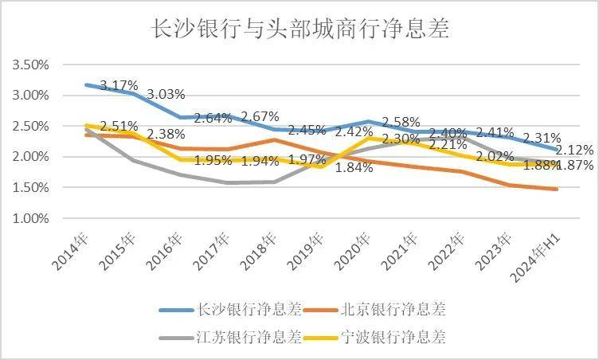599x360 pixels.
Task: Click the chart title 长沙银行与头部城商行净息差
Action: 300,30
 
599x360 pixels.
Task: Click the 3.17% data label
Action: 119,84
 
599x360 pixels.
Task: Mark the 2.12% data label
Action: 574,150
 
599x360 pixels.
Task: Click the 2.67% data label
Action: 260,116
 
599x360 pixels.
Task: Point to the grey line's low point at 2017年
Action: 228,182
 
